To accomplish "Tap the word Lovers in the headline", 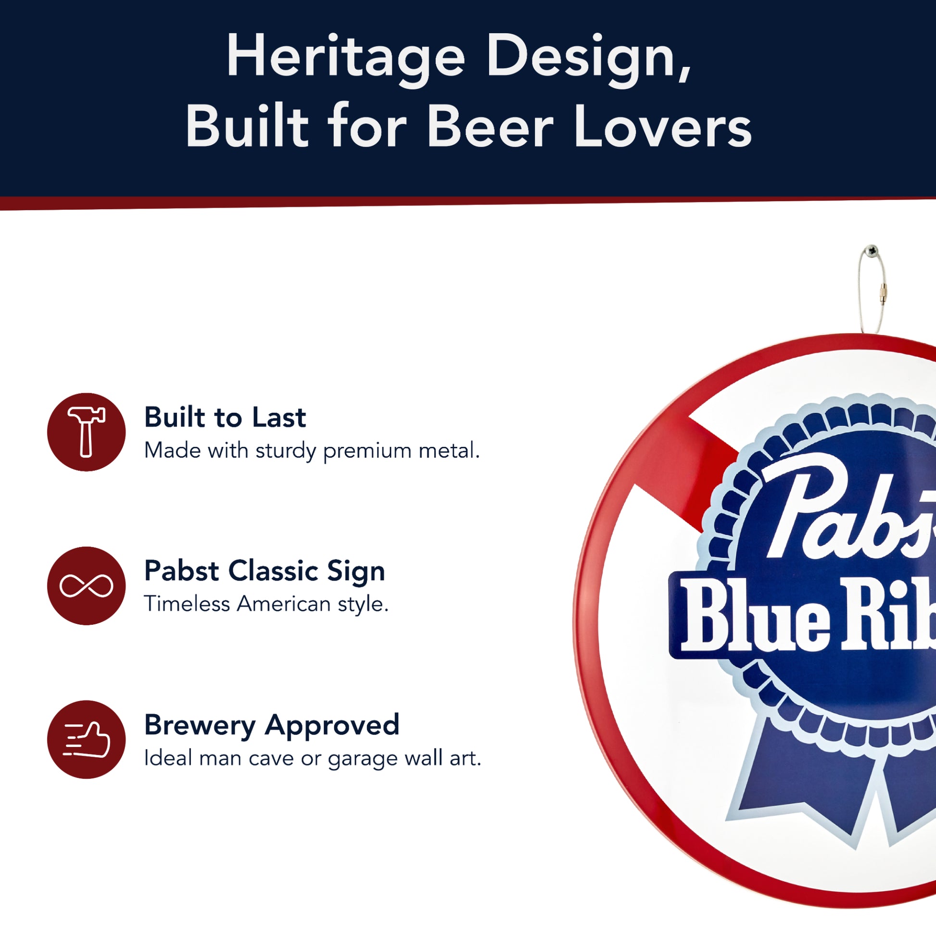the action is tap(663, 127).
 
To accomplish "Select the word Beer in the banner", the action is tap(490, 127).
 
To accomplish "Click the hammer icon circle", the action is tap(86, 431).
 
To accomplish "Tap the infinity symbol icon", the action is tap(86, 586).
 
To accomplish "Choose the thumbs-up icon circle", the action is tap(86, 739).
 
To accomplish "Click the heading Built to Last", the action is tap(225, 417).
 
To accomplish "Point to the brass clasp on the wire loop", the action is tap(884, 293).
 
